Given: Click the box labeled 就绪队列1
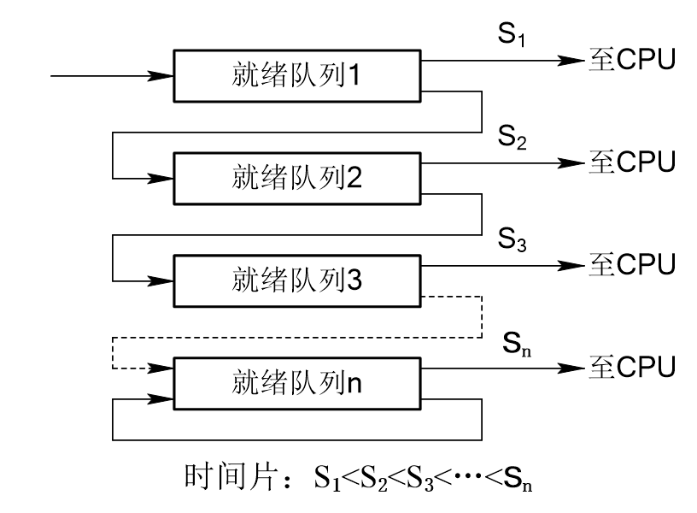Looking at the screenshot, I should tap(297, 76).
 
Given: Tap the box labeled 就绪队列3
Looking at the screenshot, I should tap(297, 279).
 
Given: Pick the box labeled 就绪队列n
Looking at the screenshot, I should tap(297, 383).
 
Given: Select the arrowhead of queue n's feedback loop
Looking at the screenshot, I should tap(161, 398).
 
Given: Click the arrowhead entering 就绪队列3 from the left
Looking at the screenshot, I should tap(161, 279).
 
